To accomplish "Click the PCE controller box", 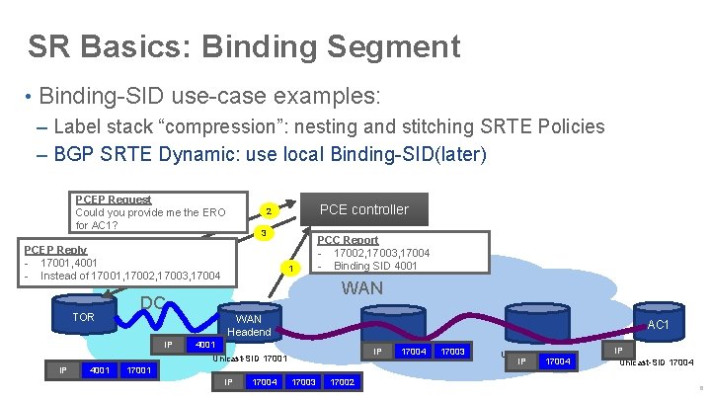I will (x=362, y=209).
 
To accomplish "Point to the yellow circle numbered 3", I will (x=262, y=233).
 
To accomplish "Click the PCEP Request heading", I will (x=113, y=200).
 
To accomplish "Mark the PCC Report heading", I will (x=347, y=240).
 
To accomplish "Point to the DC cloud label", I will (x=153, y=302).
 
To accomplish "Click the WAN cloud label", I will (x=361, y=288).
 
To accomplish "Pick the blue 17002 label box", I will (x=342, y=381).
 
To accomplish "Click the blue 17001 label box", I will (x=138, y=370).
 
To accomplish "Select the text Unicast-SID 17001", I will (x=250, y=358).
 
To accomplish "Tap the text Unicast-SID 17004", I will (x=656, y=362).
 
